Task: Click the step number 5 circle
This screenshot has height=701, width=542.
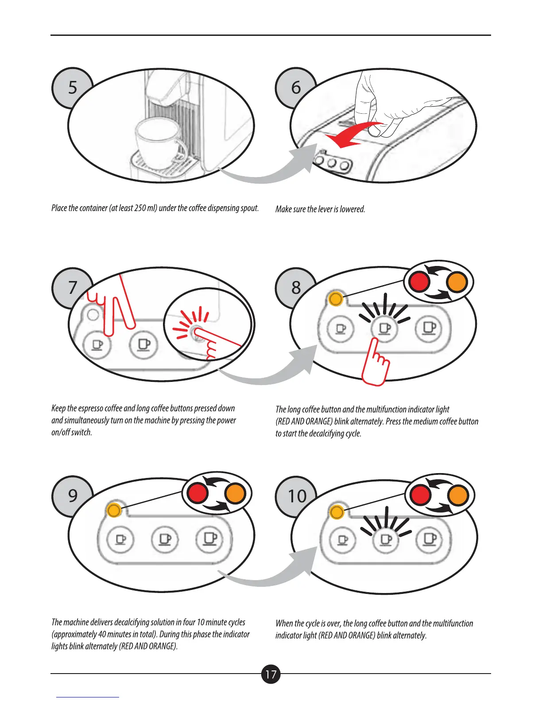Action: point(72,88)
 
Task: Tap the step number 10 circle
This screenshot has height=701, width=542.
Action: point(297,496)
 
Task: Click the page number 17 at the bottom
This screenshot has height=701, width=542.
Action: point(271,674)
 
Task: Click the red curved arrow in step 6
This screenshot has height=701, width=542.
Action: point(354,135)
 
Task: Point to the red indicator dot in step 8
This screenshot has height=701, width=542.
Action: point(419,281)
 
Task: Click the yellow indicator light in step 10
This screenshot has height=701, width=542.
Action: point(337,512)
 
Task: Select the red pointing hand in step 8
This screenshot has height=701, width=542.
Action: point(376,363)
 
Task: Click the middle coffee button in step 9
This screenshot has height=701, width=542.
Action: point(164,539)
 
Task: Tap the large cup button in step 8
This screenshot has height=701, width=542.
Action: point(429,328)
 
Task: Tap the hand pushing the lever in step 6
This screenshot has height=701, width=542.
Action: point(376,106)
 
